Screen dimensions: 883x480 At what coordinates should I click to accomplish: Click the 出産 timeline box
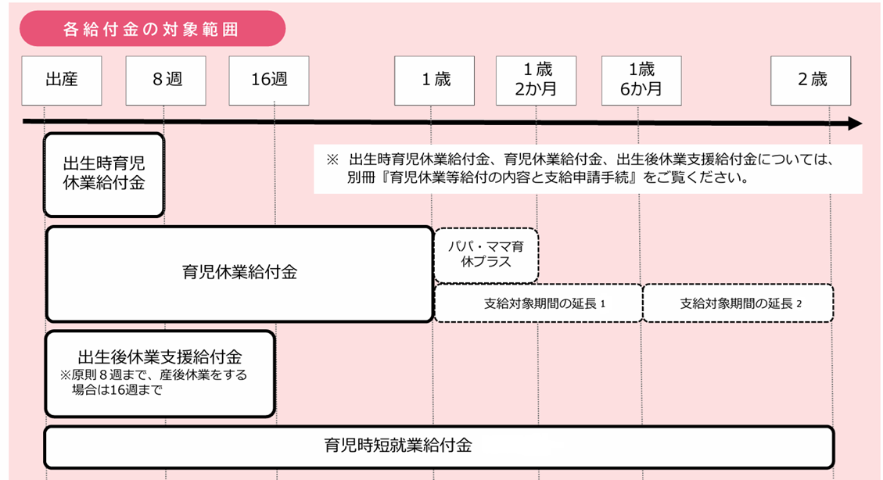(62, 81)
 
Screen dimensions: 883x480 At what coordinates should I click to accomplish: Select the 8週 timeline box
(166, 81)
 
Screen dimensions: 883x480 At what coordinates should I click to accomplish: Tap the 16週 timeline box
(269, 81)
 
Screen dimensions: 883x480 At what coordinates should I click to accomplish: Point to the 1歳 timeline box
(435, 81)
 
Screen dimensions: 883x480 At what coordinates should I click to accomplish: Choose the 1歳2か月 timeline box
(536, 81)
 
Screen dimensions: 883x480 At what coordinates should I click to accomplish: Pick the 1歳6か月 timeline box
(641, 81)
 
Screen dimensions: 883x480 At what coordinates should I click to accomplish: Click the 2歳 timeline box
(811, 81)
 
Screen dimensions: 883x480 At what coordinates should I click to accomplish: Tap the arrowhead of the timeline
(856, 124)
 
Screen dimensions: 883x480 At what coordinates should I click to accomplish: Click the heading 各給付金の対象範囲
(151, 29)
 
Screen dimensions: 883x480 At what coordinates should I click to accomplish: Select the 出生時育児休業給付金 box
(104, 174)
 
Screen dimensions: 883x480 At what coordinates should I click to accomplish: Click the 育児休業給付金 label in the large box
(239, 272)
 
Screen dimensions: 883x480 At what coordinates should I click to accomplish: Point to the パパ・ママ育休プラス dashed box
(486, 255)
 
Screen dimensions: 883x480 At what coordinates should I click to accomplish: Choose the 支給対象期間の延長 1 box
(538, 303)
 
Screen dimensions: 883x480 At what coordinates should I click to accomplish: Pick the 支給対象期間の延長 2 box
(738, 303)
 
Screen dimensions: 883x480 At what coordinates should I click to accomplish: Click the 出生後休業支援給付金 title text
(160, 356)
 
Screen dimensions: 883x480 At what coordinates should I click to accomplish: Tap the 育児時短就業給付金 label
(398, 446)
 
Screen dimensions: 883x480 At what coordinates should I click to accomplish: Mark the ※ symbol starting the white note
(332, 159)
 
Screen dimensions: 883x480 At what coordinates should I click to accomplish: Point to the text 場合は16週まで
(117, 390)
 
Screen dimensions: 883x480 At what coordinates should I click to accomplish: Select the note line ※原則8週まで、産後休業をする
(153, 374)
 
